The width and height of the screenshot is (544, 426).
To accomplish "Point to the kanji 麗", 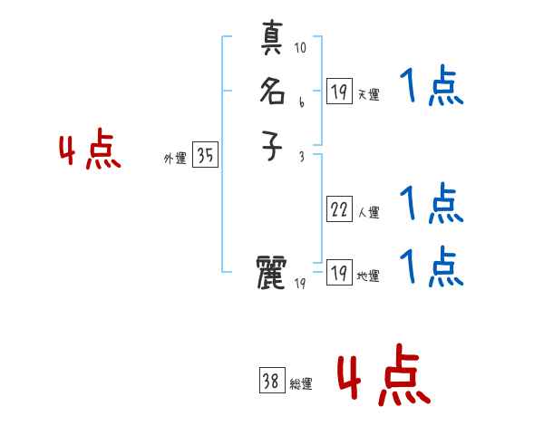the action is (273, 271).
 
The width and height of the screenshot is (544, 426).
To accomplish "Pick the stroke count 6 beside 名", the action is (301, 102).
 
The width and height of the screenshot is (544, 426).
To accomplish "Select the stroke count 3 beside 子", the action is (301, 156).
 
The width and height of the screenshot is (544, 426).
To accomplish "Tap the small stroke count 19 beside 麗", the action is (301, 285).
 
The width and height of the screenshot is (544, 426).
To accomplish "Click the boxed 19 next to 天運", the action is (339, 91).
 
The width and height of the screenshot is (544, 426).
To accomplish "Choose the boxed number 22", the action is (339, 209).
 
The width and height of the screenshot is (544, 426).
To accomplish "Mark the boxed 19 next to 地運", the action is (339, 273).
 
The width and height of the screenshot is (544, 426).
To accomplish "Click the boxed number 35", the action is (205, 156).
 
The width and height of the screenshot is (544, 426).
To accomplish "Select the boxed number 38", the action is (271, 382).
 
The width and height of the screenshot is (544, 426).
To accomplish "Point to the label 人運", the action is (369, 213).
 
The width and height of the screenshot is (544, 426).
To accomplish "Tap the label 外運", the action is (175, 159).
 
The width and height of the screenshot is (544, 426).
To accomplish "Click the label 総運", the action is (301, 384).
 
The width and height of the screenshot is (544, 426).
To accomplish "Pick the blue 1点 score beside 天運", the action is (432, 87).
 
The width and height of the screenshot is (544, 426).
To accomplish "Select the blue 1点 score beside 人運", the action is (432, 204).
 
